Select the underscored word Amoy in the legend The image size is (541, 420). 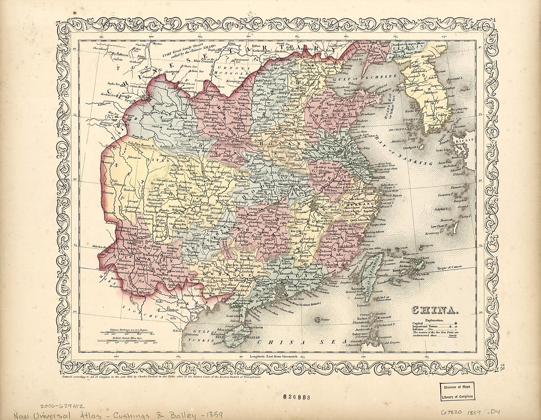(453, 335)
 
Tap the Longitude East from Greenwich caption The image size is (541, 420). (273, 356)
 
